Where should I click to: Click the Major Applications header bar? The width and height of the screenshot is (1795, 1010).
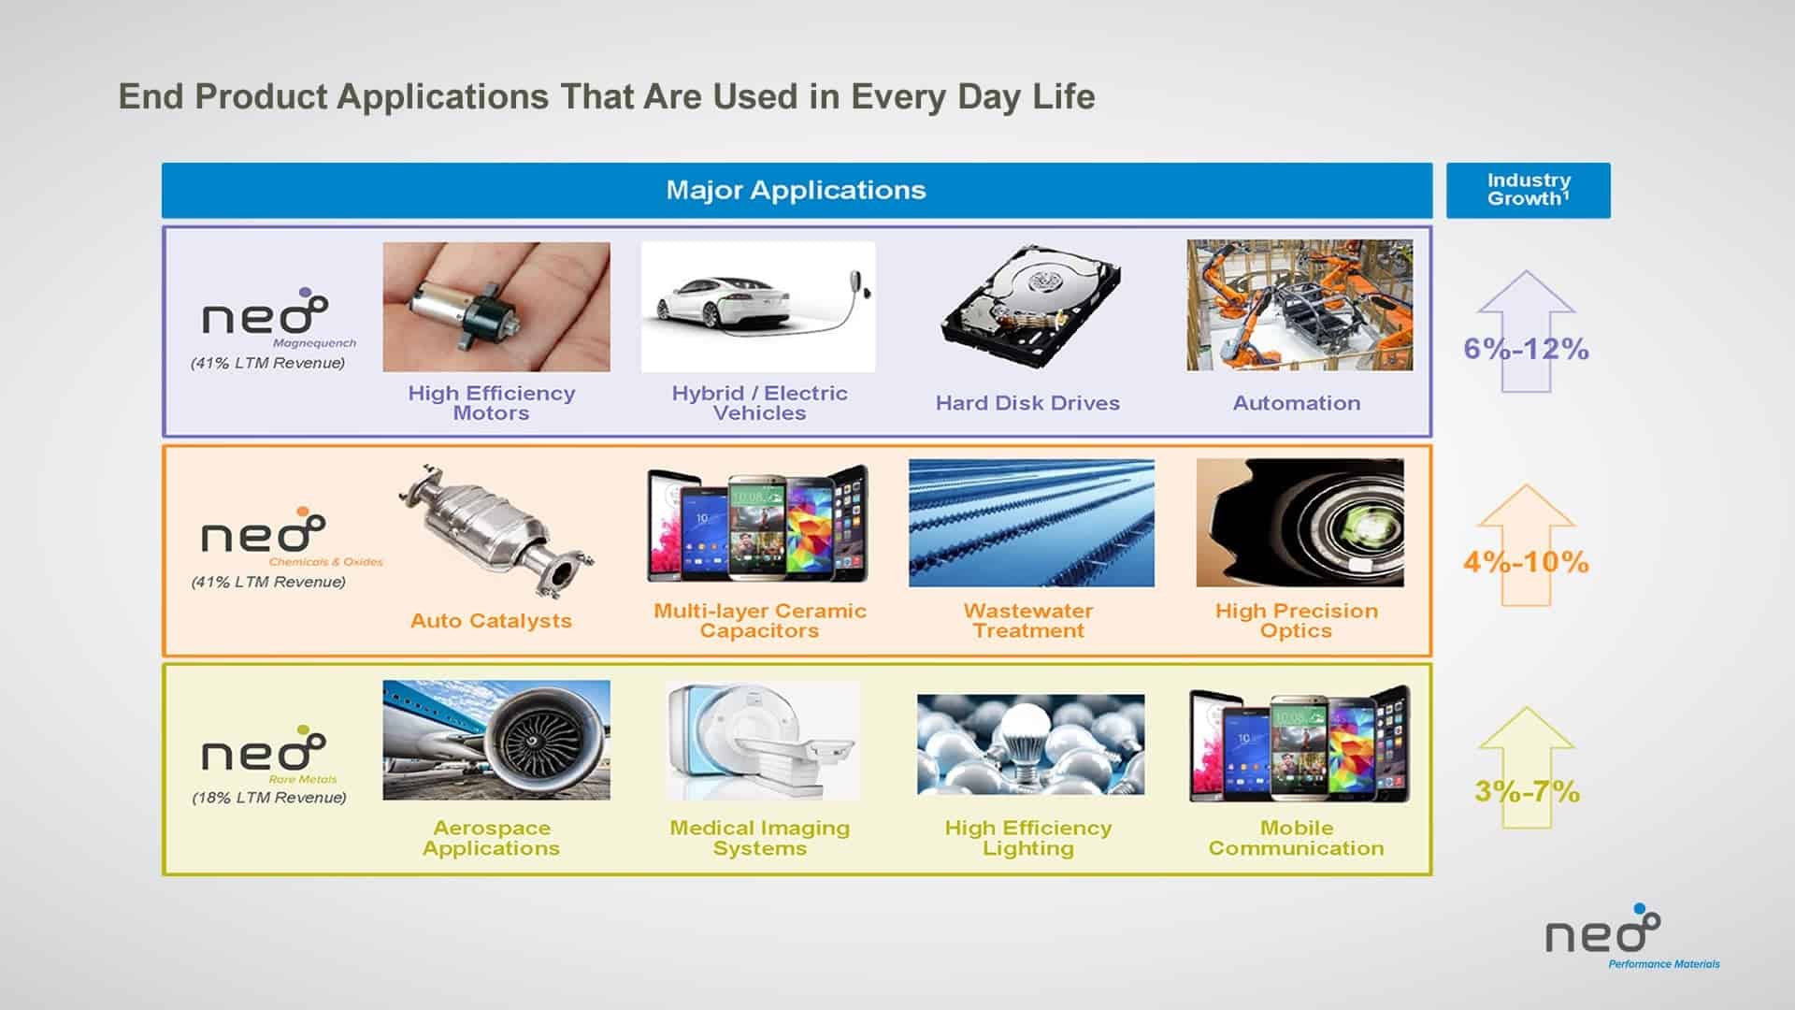797,191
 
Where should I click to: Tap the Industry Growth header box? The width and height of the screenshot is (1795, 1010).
1528,191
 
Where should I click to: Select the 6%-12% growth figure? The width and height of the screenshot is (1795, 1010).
1526,349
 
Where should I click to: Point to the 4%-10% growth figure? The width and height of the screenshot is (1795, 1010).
1526,562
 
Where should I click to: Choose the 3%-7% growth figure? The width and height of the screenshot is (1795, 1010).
1527,791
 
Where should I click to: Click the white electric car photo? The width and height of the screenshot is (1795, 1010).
758,307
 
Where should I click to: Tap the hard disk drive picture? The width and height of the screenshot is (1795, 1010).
1029,306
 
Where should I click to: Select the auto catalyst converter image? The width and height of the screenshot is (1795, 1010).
495,529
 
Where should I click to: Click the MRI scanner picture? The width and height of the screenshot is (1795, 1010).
762,740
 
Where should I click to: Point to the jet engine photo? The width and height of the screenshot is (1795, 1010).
496,740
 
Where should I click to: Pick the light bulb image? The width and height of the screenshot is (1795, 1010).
1030,744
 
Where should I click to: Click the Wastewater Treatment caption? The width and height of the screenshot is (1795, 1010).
1028,621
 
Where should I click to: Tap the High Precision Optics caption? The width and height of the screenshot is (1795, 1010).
1296,621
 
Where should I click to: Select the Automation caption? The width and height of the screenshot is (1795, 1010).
1297,403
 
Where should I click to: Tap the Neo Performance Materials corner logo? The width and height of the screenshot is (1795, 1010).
1631,936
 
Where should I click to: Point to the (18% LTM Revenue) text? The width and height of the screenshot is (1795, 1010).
269,798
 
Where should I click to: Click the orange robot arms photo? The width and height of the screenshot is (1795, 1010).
1300,305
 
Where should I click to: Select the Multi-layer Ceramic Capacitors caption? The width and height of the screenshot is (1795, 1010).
760,621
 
